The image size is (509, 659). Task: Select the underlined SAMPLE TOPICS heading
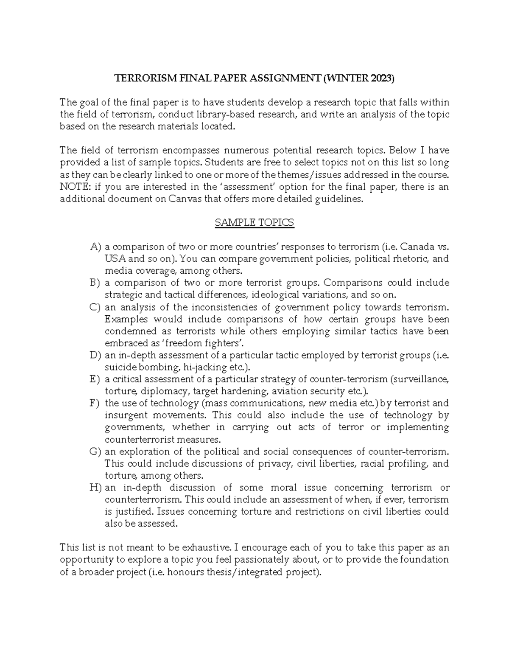[x=255, y=223]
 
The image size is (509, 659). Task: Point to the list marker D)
[x=96, y=356]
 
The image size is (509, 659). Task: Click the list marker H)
[x=96, y=488]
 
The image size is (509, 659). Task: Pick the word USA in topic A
[x=114, y=259]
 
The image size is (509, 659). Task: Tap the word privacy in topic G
[x=275, y=464]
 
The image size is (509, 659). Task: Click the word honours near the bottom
[x=187, y=572]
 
